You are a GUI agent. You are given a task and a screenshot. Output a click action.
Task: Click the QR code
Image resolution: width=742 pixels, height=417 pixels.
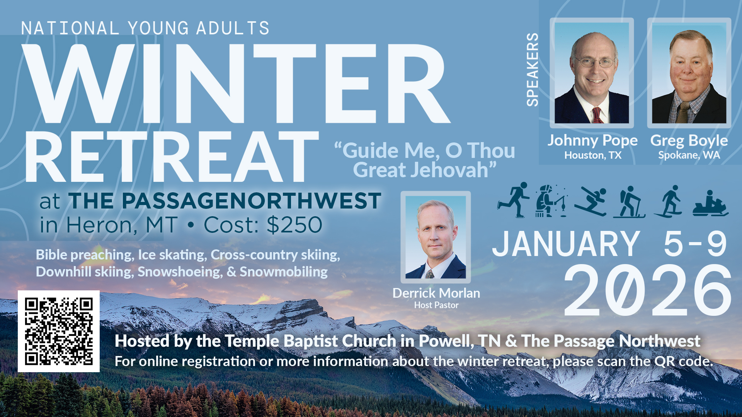[59, 331]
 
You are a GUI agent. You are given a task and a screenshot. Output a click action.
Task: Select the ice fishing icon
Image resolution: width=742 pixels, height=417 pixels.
[551, 201]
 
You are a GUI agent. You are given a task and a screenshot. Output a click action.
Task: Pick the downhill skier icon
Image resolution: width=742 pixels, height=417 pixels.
[591, 202]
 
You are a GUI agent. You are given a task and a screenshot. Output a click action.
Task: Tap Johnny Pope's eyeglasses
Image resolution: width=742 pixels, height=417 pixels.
[594, 62]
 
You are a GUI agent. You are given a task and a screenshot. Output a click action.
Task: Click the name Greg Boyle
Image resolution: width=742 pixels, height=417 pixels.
[689, 141]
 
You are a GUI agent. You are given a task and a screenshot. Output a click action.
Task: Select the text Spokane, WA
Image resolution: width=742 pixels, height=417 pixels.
[689, 155]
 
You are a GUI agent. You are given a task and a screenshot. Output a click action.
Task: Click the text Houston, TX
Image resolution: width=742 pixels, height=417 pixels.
[593, 155]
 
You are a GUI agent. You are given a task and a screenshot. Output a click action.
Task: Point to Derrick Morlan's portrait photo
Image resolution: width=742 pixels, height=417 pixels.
[436, 237]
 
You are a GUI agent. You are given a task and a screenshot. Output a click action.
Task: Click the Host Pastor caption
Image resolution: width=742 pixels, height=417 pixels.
[436, 305]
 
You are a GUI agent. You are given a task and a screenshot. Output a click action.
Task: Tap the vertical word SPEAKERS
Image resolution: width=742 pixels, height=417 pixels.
[533, 69]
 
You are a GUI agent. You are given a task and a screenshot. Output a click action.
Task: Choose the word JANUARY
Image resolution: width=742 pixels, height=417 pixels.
[566, 244]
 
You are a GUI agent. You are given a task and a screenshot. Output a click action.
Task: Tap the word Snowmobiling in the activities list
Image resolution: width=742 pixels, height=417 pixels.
[284, 272]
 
